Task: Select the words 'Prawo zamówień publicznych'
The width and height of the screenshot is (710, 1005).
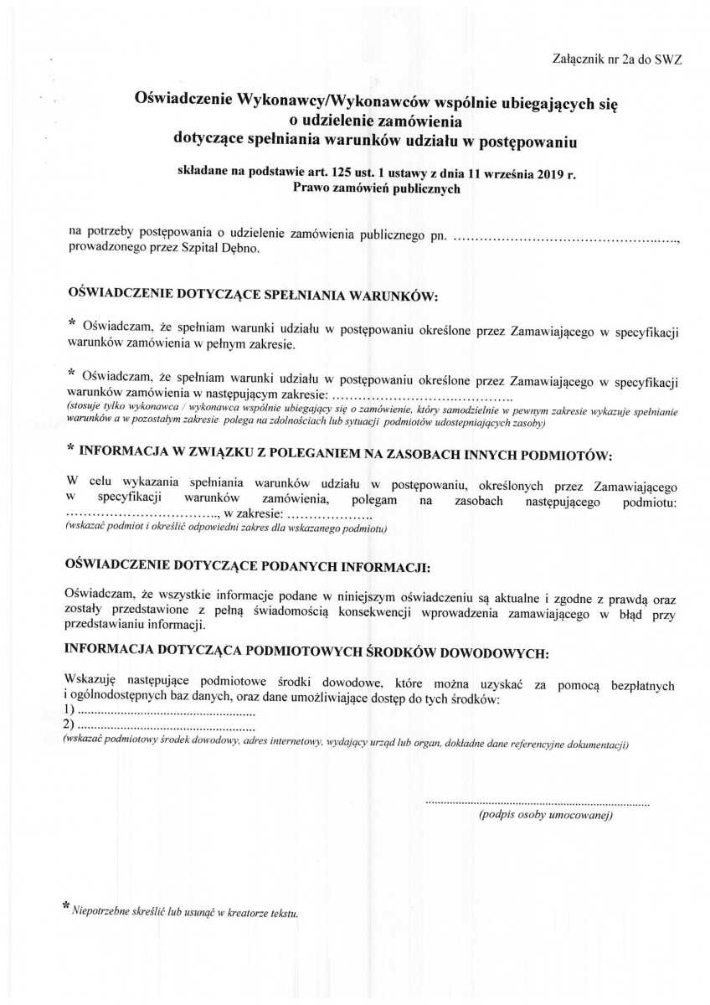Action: tap(377, 188)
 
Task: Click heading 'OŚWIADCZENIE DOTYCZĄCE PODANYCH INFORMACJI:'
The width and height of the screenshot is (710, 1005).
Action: tap(247, 566)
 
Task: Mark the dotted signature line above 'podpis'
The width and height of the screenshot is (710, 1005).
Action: tap(538, 804)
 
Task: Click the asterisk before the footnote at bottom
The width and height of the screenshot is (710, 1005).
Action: tap(67, 907)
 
